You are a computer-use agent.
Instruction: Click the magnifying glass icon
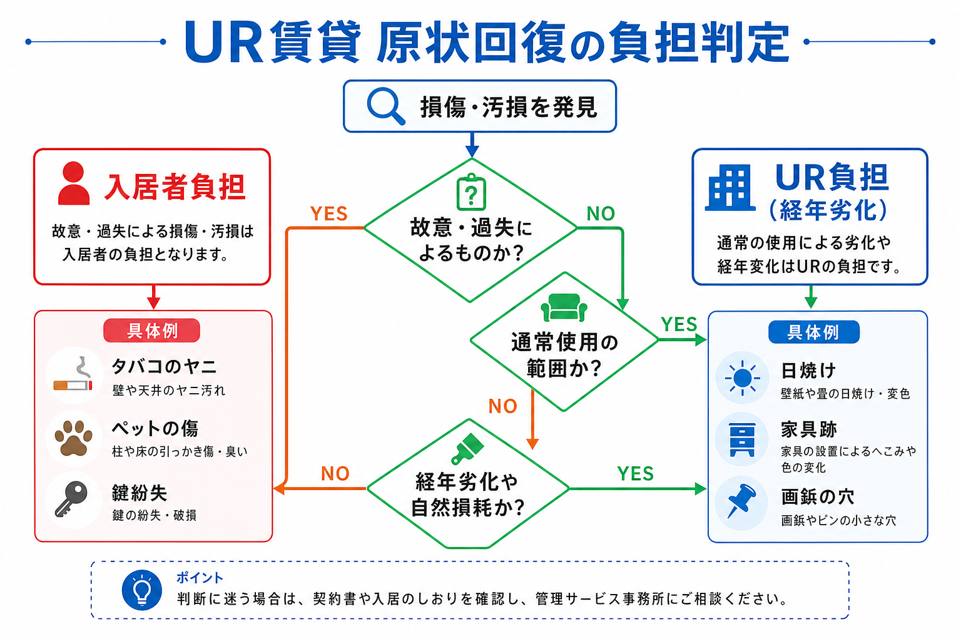click(x=385, y=106)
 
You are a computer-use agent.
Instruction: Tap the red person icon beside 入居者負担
click(x=73, y=183)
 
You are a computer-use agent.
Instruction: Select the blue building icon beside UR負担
click(x=730, y=188)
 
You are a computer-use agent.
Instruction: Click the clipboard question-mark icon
click(x=471, y=192)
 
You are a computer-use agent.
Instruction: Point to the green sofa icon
click(x=564, y=307)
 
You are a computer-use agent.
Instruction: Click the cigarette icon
click(x=74, y=375)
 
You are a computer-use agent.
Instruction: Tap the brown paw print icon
click(x=73, y=438)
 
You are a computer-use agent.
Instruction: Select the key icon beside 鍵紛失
click(x=71, y=499)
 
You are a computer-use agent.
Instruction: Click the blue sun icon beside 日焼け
click(x=742, y=378)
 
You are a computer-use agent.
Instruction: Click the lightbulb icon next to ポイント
click(x=142, y=590)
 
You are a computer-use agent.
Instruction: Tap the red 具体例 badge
click(x=152, y=331)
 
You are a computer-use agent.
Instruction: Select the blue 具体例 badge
click(x=813, y=332)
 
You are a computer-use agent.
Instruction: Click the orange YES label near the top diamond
click(x=328, y=214)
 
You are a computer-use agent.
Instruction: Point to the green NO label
click(x=601, y=213)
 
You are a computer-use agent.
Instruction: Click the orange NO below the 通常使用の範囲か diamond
click(x=503, y=406)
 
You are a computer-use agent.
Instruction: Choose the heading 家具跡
click(x=809, y=429)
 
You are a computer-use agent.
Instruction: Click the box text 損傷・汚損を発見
click(x=509, y=107)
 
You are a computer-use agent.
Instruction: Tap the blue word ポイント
click(x=200, y=578)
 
